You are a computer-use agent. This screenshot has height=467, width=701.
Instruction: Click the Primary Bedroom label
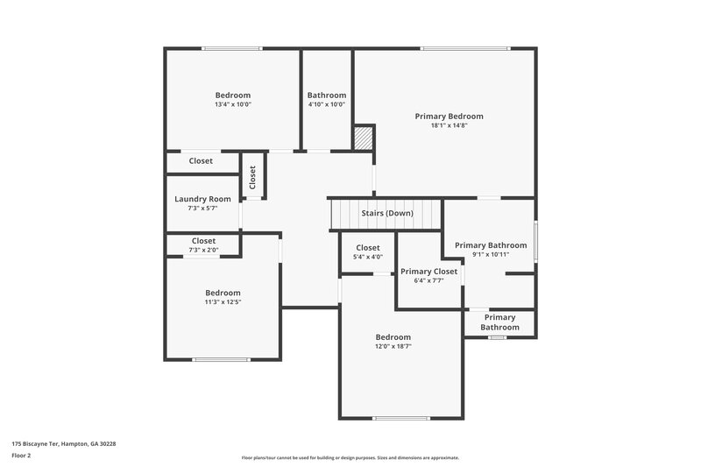pos(449,116)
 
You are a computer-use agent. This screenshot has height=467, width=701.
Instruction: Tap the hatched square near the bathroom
pos(364,138)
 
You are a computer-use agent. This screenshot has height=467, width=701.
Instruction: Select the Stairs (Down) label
pos(387,213)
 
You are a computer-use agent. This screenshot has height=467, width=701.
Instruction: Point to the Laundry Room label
pos(202,199)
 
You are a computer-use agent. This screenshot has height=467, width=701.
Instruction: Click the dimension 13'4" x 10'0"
pos(233,104)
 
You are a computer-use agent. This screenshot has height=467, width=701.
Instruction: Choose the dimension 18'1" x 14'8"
pos(449,125)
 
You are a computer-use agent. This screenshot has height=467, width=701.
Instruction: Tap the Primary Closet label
pos(428,272)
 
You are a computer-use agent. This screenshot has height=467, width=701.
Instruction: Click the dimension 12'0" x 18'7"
pos(393,346)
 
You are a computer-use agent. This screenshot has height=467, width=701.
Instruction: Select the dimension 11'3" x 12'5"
pos(223,301)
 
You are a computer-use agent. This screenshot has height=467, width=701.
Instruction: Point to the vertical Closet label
pos(252,178)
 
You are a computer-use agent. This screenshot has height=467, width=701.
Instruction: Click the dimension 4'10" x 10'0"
pos(326,104)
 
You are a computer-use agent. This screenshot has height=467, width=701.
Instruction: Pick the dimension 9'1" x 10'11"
pos(491,254)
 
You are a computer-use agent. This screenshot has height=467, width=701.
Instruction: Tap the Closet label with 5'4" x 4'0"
pos(367,247)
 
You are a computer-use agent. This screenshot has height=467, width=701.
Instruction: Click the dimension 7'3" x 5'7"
pos(202,209)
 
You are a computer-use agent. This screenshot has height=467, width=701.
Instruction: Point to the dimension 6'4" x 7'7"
pos(428,281)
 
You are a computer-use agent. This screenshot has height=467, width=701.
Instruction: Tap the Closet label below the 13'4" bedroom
pos(201,161)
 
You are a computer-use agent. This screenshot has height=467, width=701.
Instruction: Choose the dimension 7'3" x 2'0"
pos(203,250)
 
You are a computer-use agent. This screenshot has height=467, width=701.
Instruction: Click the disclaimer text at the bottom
pos(350,457)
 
